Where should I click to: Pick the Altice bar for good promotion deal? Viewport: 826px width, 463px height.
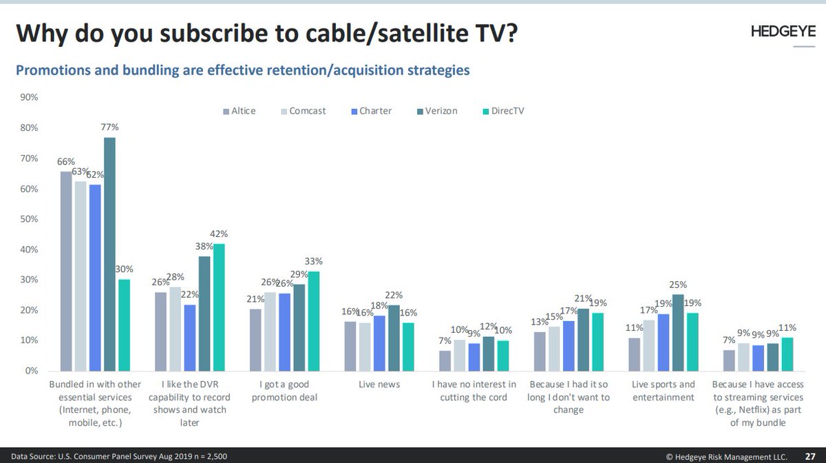coord(255,339)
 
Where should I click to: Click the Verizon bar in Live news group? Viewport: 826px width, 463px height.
coord(393,338)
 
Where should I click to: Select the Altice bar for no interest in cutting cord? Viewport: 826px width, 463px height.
coord(445,360)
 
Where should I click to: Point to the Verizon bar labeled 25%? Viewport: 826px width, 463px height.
coord(677,332)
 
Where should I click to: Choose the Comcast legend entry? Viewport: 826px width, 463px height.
coord(307,111)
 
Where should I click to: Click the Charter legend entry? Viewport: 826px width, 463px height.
coord(375,111)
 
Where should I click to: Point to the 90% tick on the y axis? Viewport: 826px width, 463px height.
coord(29,98)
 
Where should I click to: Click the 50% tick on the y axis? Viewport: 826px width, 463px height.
coord(29,219)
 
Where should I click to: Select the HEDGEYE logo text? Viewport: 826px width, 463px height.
coord(783,32)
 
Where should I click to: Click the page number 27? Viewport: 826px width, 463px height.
coord(812,456)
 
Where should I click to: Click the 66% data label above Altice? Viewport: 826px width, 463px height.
coord(65,161)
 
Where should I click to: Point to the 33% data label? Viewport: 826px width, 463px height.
coord(314,262)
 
